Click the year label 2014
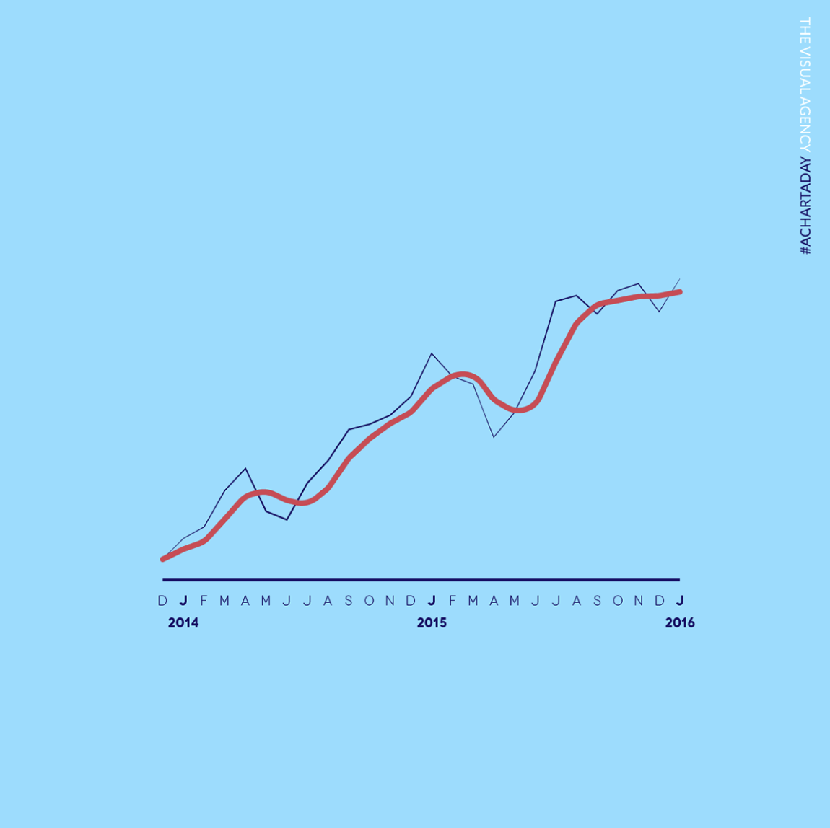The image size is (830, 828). (183, 622)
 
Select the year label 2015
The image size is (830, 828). (432, 622)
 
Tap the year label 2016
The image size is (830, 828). (680, 622)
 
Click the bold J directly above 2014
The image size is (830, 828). (183, 601)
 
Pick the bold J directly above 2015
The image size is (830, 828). (432, 601)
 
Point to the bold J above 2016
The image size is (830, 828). (680, 601)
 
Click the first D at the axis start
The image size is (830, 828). (162, 601)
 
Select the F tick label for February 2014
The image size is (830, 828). (204, 601)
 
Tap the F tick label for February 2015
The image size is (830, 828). (453, 601)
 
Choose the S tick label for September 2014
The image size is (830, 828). (349, 601)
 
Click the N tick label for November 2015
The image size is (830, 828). (639, 601)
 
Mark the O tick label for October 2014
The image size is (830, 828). (370, 601)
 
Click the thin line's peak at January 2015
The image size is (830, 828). (432, 353)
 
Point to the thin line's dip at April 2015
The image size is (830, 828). (494, 437)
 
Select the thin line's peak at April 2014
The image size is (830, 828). (246, 469)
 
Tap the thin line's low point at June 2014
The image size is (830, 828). (287, 519)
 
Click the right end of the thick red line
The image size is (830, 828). (680, 292)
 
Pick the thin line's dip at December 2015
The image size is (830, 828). (659, 312)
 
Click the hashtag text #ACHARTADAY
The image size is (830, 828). (805, 206)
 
